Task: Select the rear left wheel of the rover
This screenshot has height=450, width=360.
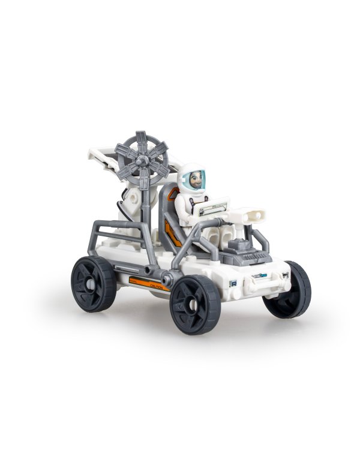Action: coord(94,284)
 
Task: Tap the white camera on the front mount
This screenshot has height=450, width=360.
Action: coord(253,214)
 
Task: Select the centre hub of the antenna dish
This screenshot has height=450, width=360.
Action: coord(142,160)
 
